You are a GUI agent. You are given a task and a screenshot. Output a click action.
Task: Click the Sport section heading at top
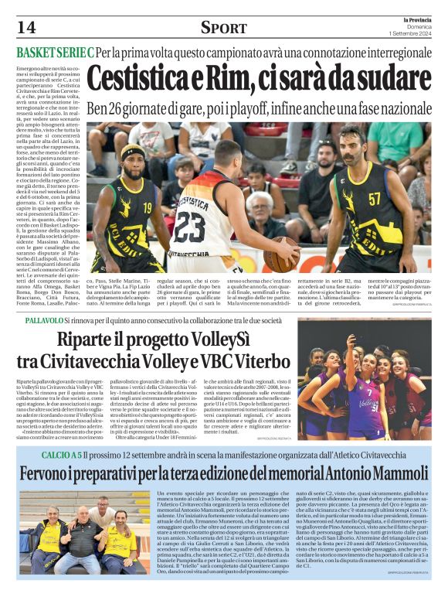223,29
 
